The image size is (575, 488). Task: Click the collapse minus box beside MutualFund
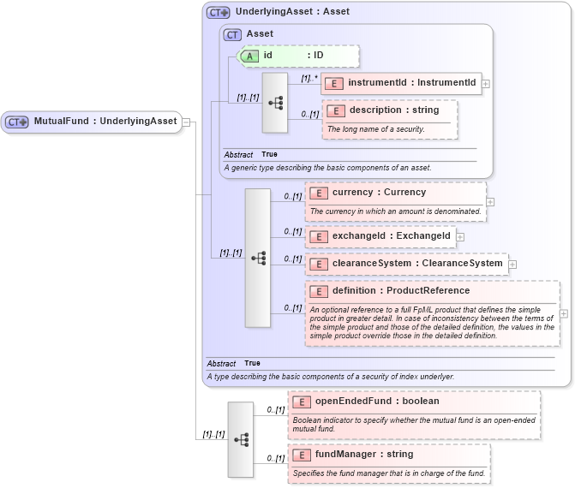click(185, 122)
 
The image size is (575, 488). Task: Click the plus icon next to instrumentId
click(486, 84)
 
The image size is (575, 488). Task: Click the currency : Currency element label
click(379, 193)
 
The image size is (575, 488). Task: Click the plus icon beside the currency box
click(490, 202)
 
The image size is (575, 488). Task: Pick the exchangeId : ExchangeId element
click(380, 236)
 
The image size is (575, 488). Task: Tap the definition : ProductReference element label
click(401, 291)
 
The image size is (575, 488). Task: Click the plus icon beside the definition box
click(564, 313)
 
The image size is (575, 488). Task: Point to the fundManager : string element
click(364, 455)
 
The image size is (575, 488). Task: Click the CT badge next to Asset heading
click(232, 34)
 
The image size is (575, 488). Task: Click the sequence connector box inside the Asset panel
click(275, 103)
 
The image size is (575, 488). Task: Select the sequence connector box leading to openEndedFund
click(241, 439)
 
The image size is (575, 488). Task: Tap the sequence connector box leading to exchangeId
click(258, 258)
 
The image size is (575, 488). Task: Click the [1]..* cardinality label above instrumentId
click(309, 78)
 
